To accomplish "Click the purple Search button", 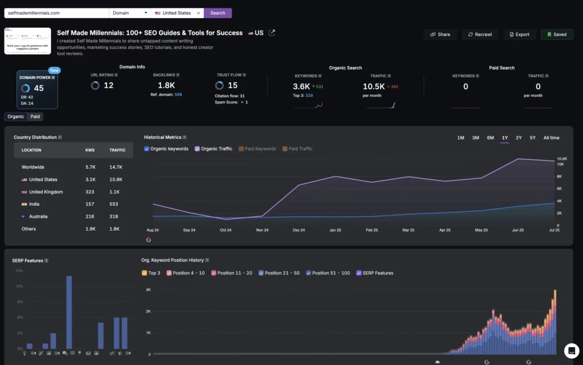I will point(217,13).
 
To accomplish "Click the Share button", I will point(440,34).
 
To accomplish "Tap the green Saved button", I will point(557,34).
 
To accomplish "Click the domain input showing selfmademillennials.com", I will point(56,13).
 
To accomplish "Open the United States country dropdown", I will point(176,13).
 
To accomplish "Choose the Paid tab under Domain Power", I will point(35,116).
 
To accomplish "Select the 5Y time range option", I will point(532,138).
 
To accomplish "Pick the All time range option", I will point(551,138).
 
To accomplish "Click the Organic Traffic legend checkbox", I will point(198,149).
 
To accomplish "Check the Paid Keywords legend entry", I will point(241,149).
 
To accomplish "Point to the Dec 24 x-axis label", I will point(299,230).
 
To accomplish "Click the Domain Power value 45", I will point(38,88).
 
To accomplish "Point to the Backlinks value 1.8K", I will point(166,86).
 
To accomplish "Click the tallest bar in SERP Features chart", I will point(69,312).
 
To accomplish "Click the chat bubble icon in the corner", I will point(571,350).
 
